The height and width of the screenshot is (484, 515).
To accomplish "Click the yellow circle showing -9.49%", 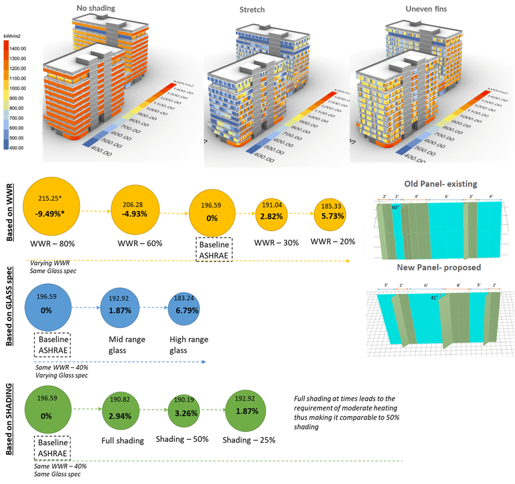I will pyautogui.click(x=51, y=207).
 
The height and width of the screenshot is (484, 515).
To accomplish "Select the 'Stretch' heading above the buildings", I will pyautogui.click(x=252, y=10).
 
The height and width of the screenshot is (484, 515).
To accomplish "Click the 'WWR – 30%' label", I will pyautogui.click(x=276, y=243).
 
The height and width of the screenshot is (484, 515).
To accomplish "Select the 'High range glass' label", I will pyautogui.click(x=189, y=345).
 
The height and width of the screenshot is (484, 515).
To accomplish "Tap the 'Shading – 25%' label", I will pyautogui.click(x=249, y=440).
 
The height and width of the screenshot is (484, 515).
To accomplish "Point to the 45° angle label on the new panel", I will pyautogui.click(x=433, y=297).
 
